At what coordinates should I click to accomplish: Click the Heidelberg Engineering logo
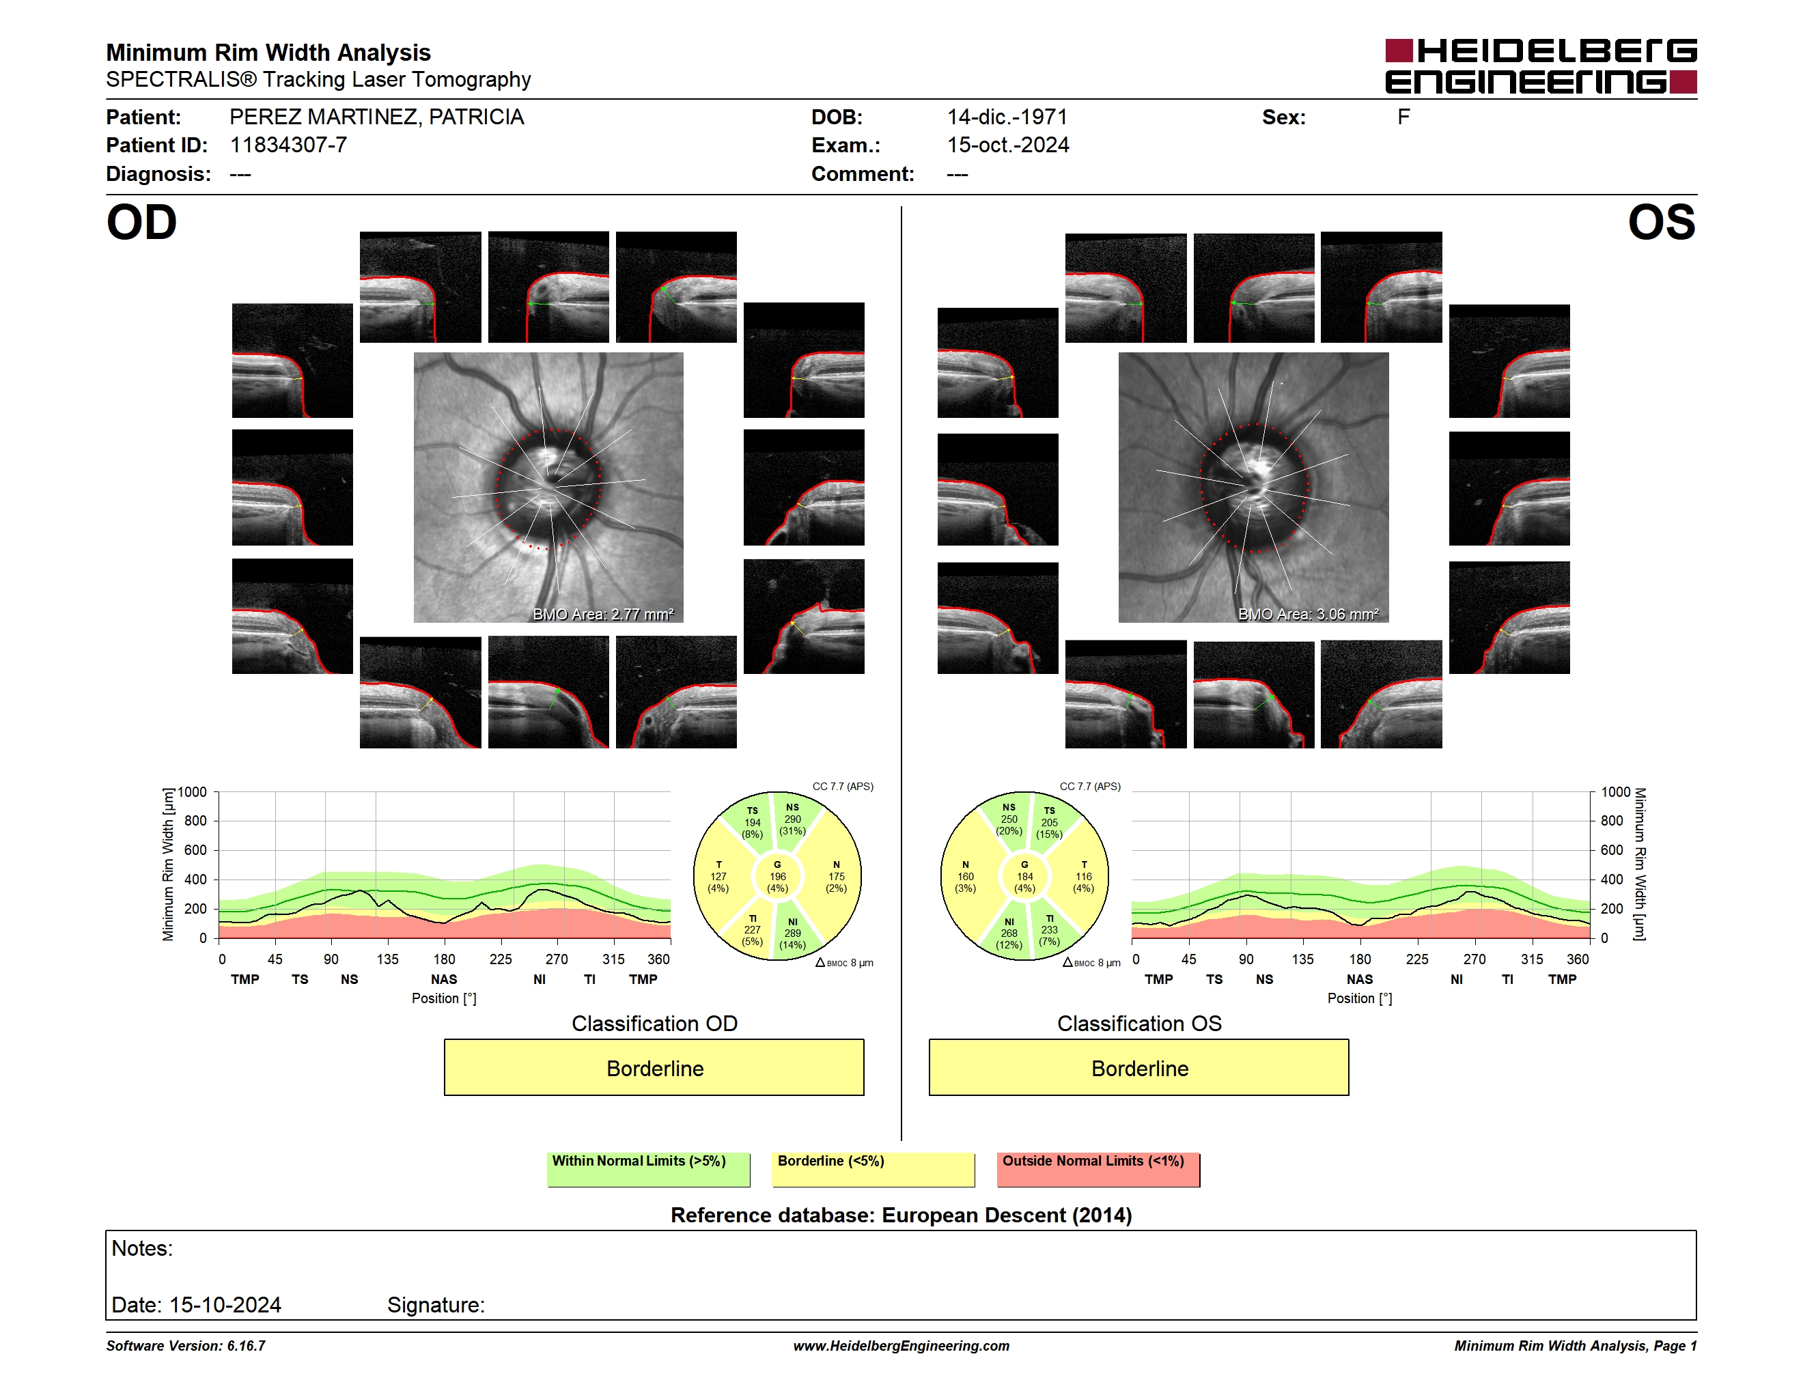click(1541, 66)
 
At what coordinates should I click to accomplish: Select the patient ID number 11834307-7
click(288, 145)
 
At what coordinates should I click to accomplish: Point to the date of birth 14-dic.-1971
click(1007, 117)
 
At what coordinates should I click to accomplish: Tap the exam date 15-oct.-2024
click(1008, 145)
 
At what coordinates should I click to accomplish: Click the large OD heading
click(142, 223)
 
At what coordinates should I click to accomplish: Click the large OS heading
click(1662, 223)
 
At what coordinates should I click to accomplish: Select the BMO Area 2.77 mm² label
click(602, 614)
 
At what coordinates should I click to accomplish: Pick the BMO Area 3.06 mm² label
click(1309, 614)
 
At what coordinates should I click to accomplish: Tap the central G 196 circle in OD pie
click(778, 876)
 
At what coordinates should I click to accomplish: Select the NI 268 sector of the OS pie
click(1008, 933)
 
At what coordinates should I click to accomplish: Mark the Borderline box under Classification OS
click(1139, 1068)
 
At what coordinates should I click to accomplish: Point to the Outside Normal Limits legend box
click(1098, 1169)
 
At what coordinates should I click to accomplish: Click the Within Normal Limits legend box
click(648, 1169)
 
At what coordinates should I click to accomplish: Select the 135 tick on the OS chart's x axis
click(1302, 959)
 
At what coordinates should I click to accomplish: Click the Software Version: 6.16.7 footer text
click(186, 1346)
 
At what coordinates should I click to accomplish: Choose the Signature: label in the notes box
click(436, 1305)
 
